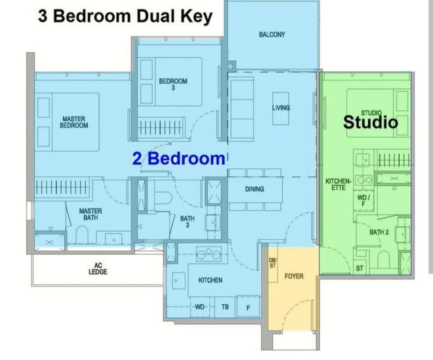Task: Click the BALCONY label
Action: (x=272, y=35)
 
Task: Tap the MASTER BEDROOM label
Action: (x=74, y=122)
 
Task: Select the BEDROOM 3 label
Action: (x=173, y=84)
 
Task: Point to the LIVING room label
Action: (x=281, y=108)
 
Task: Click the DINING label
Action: (x=254, y=189)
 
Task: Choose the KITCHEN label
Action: (x=210, y=280)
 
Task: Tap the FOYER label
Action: (x=294, y=276)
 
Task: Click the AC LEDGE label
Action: (x=98, y=269)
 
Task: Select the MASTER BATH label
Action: (x=90, y=214)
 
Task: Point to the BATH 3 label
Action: (x=187, y=221)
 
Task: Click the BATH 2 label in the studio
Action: (x=379, y=232)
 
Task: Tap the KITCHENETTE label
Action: (x=338, y=184)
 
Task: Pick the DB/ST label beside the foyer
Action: (x=272, y=263)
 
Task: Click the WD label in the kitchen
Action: (x=200, y=307)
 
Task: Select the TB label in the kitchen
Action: (x=225, y=307)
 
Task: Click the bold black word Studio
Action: (x=371, y=122)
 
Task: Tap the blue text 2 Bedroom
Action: (x=179, y=158)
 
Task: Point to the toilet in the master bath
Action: (x=82, y=234)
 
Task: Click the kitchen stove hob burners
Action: (x=209, y=254)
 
